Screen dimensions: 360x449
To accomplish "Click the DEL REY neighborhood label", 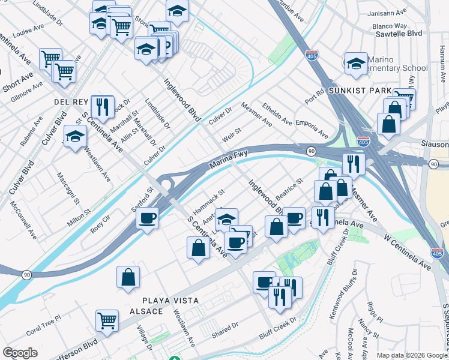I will (71, 101).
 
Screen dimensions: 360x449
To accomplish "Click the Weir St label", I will (232, 133).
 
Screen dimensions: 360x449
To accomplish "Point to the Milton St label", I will (79, 217).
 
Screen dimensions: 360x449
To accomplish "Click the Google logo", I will (20, 353).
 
